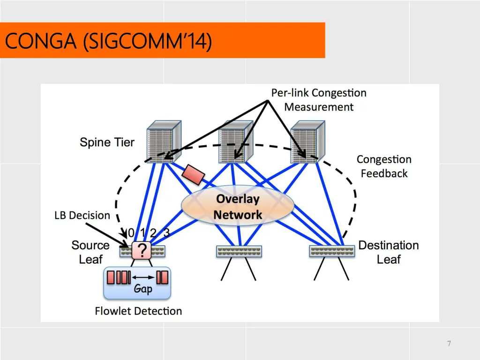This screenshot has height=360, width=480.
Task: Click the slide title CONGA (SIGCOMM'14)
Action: [x=108, y=41]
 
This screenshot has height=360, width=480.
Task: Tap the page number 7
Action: [x=449, y=344]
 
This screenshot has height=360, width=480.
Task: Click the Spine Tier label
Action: [x=107, y=142]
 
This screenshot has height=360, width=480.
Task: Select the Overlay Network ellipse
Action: [x=238, y=207]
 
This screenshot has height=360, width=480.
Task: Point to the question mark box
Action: [x=141, y=251]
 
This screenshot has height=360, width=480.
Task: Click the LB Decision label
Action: [x=82, y=216]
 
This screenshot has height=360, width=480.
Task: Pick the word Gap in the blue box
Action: [x=143, y=289]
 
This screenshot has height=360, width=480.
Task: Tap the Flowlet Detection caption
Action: [x=138, y=311]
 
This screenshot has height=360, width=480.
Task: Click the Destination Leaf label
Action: [x=389, y=252]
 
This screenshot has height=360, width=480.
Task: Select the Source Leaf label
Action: [x=90, y=252]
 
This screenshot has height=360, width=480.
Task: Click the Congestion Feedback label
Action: [x=384, y=166]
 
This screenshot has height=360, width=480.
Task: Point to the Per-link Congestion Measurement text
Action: [x=319, y=100]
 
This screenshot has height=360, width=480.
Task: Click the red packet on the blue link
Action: [x=194, y=174]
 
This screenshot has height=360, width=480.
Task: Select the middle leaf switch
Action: [x=239, y=252]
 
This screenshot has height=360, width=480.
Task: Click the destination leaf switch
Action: [x=332, y=252]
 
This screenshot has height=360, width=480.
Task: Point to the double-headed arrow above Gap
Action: [x=143, y=277]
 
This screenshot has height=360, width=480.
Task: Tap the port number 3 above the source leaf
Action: [x=166, y=232]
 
